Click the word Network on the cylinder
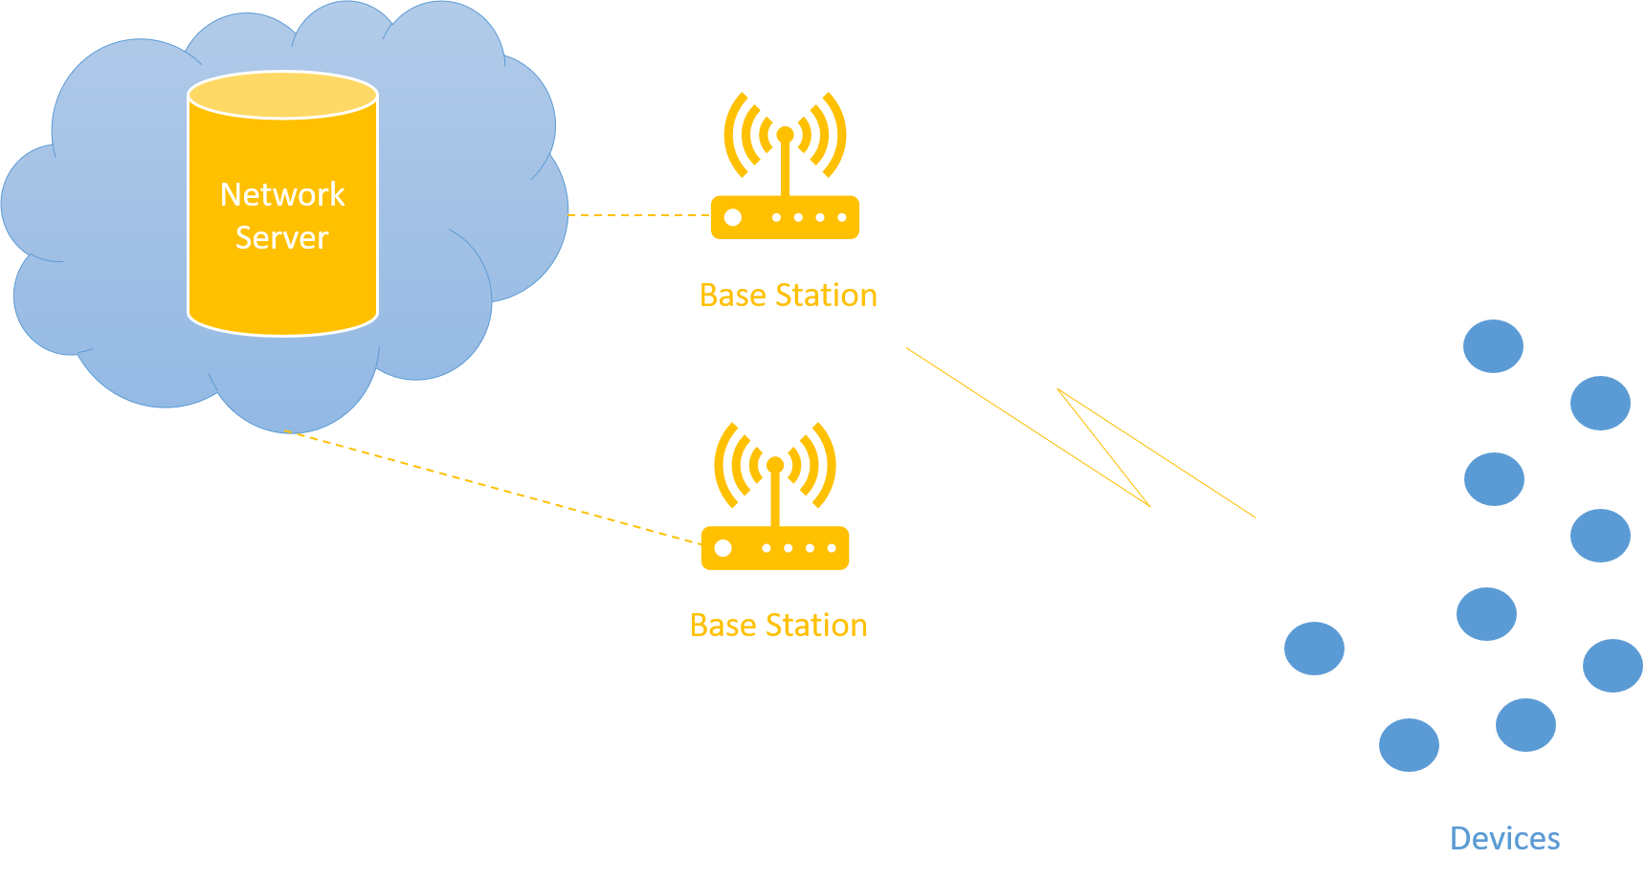tap(282, 194)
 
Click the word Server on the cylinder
tap(282, 237)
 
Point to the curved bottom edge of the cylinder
tap(282, 332)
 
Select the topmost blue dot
tap(1493, 346)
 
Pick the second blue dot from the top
tap(1599, 403)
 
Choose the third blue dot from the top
tap(1493, 479)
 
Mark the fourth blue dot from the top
tap(1599, 536)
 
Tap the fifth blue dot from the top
tap(1486, 613)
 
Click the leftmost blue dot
tap(1314, 649)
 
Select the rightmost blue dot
tap(1613, 666)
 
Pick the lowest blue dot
tap(1409, 745)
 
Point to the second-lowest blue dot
tap(1525, 725)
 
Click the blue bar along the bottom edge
tap(823, 853)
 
